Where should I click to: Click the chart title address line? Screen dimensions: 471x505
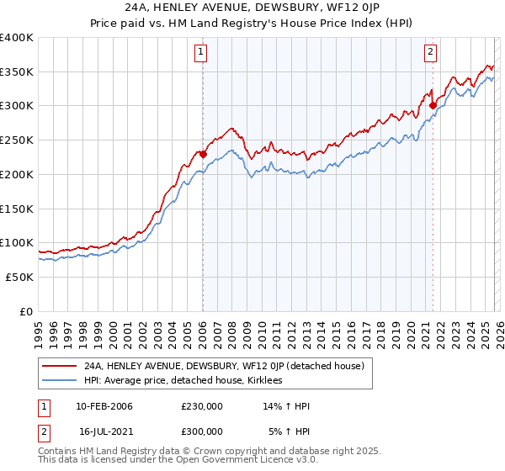pyautogui.click(x=252, y=8)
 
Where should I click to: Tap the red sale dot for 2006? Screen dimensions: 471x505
pyautogui.click(x=203, y=154)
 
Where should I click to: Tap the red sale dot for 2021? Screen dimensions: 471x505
pyautogui.click(x=433, y=106)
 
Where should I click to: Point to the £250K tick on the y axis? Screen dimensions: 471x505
pyautogui.click(x=17, y=140)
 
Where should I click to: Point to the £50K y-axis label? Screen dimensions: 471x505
pyautogui.click(x=19, y=277)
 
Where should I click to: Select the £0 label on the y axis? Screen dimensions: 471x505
pyautogui.click(x=26, y=311)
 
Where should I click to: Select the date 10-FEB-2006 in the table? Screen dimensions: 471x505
pyautogui.click(x=104, y=407)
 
